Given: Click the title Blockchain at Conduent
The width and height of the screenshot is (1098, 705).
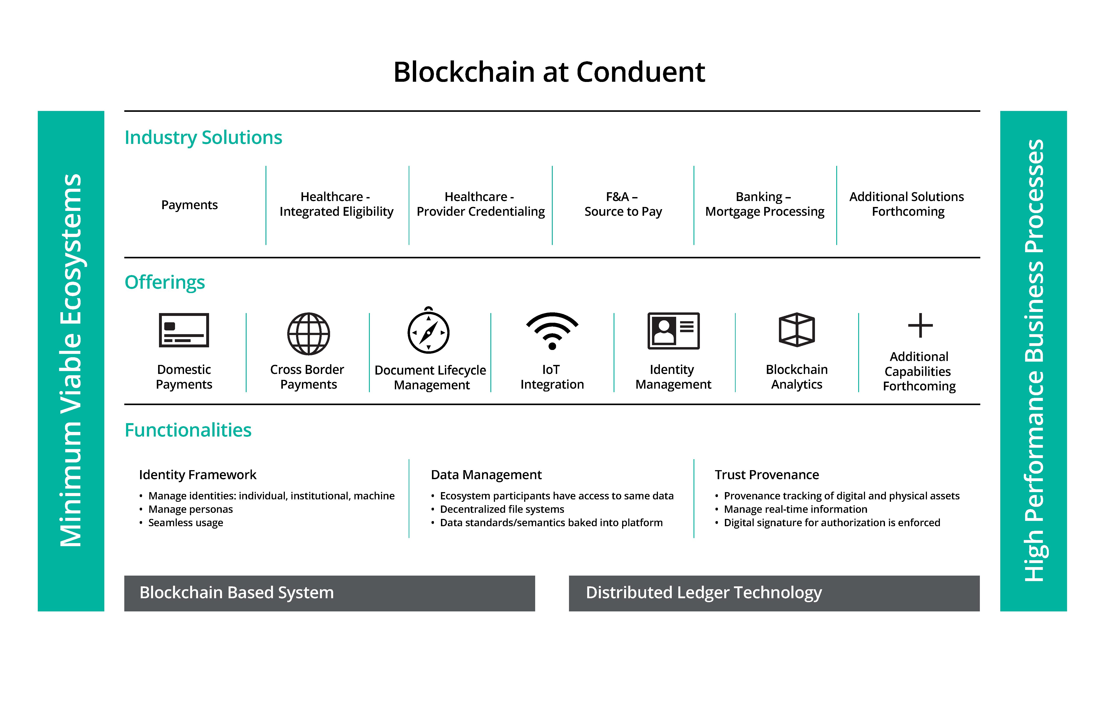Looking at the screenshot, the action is [x=549, y=72].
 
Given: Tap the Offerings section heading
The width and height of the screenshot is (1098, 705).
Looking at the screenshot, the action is [x=165, y=283].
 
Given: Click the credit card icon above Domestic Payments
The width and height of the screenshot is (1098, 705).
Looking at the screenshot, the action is [x=184, y=330].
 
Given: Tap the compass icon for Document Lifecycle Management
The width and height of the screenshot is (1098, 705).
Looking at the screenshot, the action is [x=429, y=330].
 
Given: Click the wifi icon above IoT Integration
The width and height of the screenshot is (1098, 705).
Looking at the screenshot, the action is [x=552, y=330].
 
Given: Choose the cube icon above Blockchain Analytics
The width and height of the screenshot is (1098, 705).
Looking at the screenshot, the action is [x=797, y=330].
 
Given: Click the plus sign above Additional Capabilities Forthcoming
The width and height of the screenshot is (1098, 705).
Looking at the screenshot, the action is [x=920, y=326].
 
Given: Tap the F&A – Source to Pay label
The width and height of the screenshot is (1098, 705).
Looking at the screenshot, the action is [x=623, y=204].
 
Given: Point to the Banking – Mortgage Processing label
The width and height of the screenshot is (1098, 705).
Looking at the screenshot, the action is [x=765, y=204].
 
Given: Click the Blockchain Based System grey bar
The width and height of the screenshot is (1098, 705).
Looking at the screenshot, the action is [x=329, y=593].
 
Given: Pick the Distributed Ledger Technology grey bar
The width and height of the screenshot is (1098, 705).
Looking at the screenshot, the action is [x=774, y=593].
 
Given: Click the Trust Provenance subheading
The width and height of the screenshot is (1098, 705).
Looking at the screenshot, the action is [x=767, y=475].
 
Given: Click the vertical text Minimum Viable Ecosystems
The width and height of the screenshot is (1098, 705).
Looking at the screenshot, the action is [x=71, y=361].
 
